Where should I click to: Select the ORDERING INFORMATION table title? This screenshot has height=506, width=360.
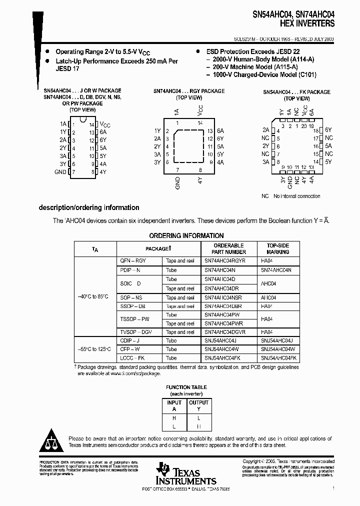[x=186, y=235]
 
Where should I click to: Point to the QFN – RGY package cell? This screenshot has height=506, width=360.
[x=133, y=261]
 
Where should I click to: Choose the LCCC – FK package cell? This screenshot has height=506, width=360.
[x=132, y=358]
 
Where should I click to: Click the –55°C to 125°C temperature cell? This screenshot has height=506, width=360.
[x=95, y=349]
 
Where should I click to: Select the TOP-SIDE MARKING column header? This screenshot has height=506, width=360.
[x=278, y=249]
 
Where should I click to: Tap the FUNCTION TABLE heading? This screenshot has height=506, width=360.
[x=186, y=387]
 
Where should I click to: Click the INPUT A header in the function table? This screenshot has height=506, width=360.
[x=174, y=405]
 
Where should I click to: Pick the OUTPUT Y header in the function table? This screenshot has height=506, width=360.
[x=198, y=405]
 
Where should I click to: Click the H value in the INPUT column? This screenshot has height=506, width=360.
[x=174, y=417]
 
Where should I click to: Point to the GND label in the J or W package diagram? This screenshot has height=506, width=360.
[x=60, y=172]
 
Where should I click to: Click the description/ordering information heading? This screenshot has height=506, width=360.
[x=89, y=208]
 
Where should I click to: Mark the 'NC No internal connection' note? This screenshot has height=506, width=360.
[x=290, y=196]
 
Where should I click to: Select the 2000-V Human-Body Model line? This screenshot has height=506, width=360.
[x=259, y=59]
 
